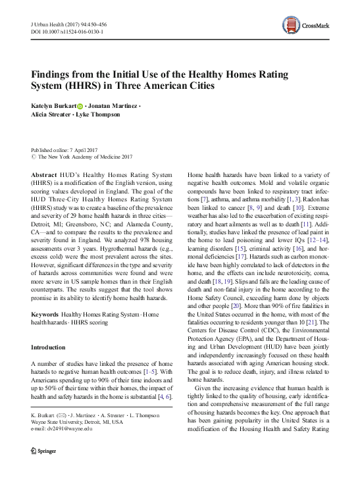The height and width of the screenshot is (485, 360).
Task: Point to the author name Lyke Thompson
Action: click(97, 115)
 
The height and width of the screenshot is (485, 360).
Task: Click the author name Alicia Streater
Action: click(51, 115)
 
